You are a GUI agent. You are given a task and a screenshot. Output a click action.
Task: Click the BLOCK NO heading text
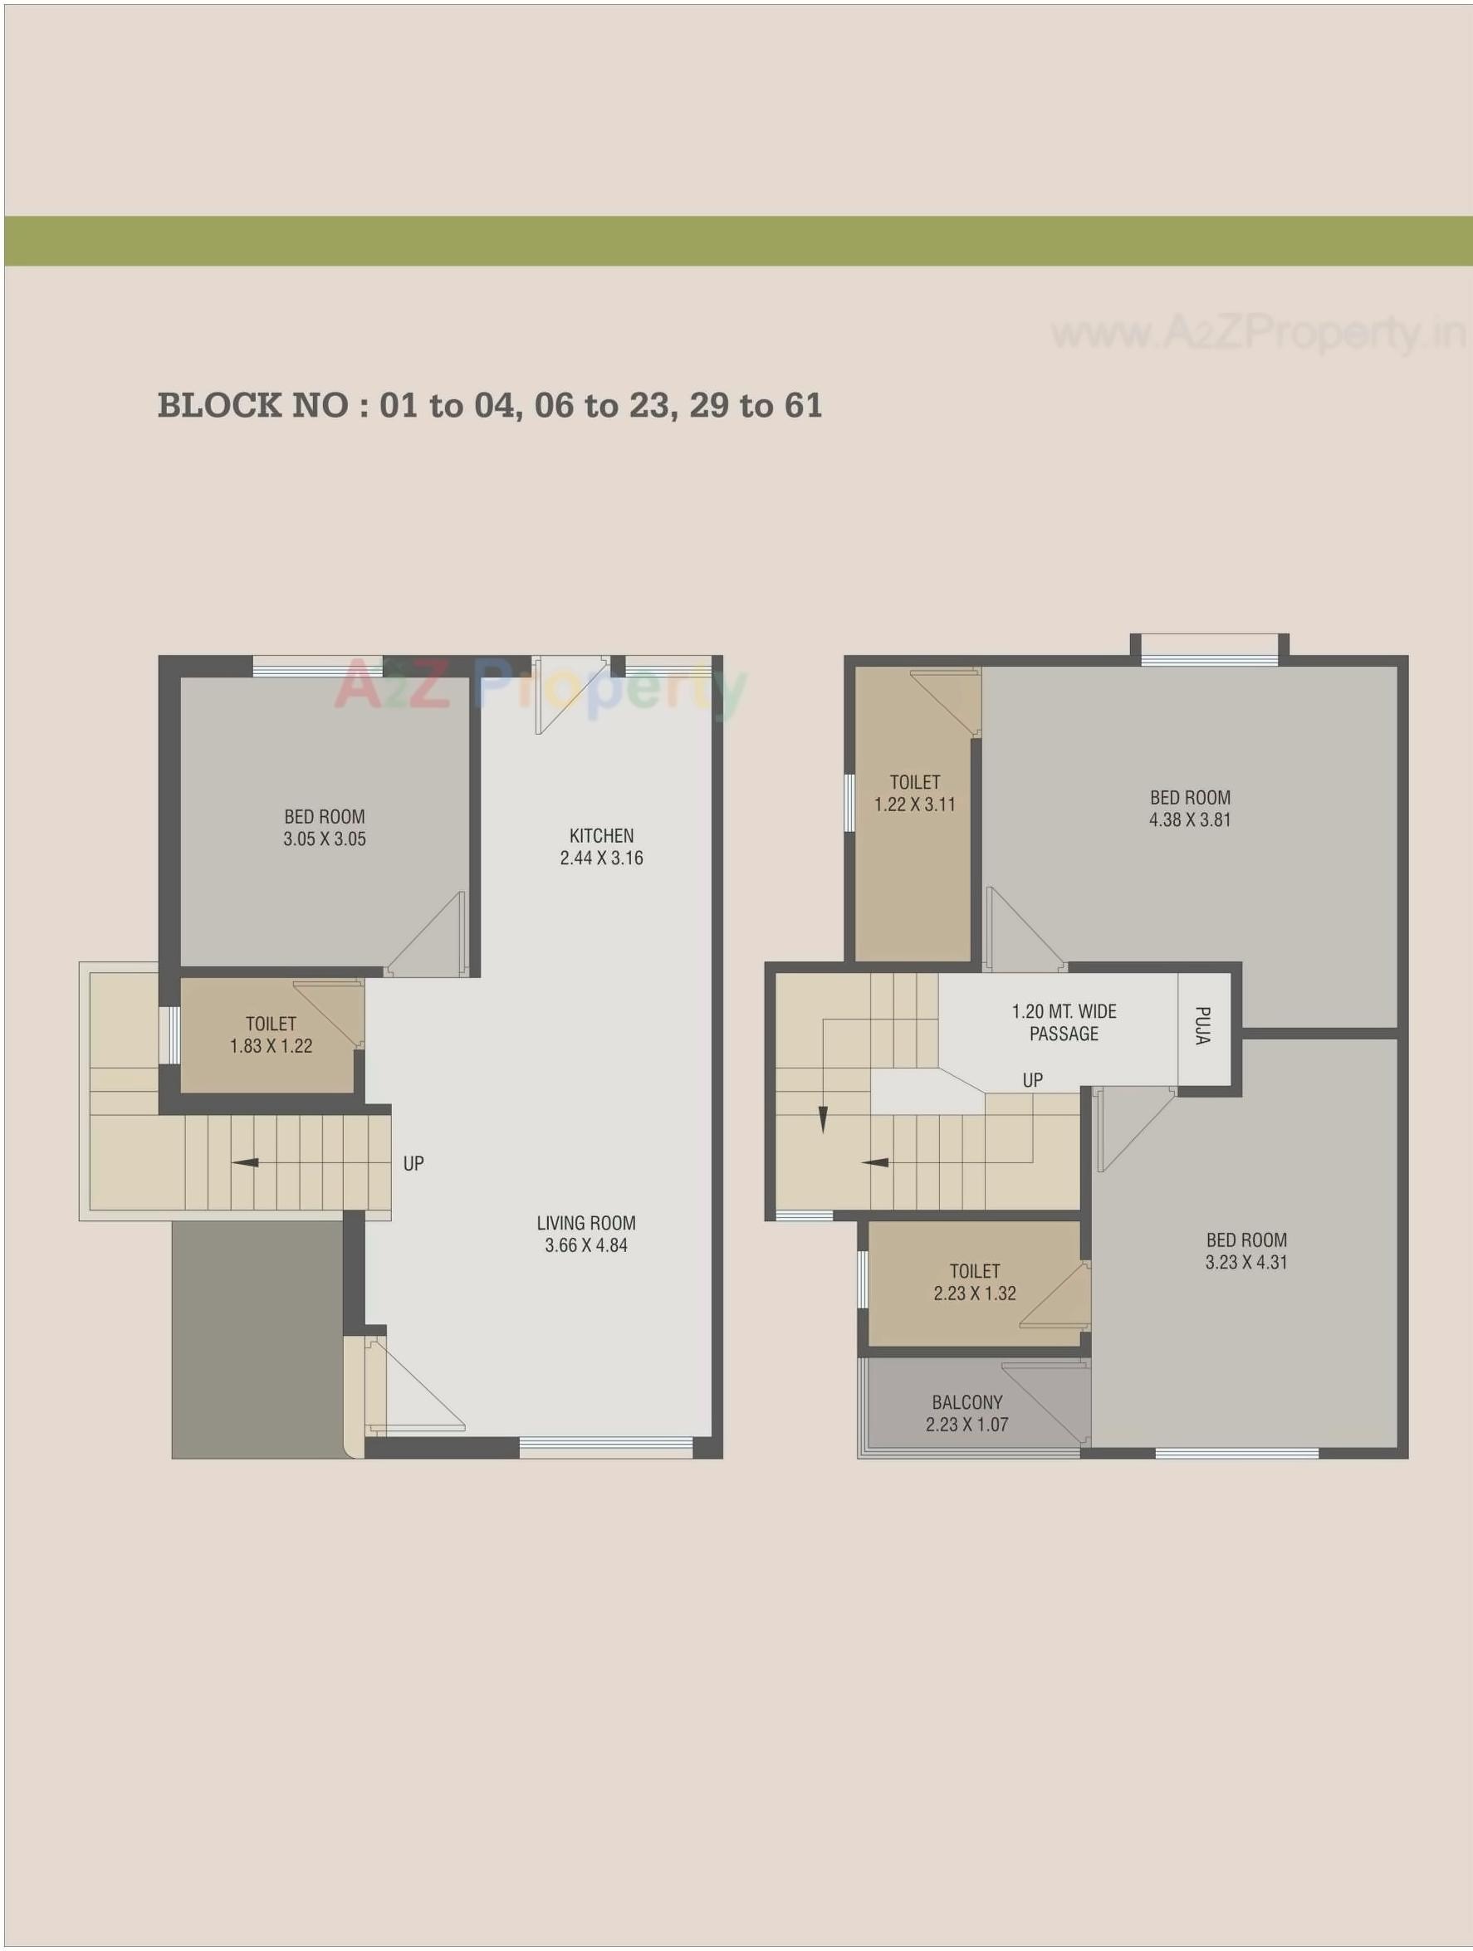(490, 406)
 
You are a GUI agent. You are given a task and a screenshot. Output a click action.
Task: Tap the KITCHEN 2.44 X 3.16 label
(600, 847)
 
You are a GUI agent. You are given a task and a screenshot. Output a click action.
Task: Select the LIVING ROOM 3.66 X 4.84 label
(585, 1234)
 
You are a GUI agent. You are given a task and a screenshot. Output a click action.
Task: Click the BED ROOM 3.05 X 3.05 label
(324, 828)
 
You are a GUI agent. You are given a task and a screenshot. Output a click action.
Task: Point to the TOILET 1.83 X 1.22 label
(271, 1034)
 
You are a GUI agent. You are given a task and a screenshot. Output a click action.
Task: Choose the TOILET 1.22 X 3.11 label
(915, 793)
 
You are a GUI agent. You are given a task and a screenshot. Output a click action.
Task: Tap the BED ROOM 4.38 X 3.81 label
(1189, 808)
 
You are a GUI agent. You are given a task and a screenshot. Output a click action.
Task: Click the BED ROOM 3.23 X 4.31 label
(1245, 1250)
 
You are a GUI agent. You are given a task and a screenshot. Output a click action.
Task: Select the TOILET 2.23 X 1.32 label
(975, 1282)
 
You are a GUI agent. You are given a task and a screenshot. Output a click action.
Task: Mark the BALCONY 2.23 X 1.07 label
(967, 1413)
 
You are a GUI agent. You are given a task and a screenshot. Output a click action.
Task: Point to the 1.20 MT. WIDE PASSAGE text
(1064, 1022)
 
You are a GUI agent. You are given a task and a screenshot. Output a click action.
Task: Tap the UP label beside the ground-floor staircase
(413, 1163)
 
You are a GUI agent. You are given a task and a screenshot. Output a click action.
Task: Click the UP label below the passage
(1032, 1079)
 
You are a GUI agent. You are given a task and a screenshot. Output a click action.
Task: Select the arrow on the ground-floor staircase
(245, 1162)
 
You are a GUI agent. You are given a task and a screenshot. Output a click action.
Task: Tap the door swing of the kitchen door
(569, 696)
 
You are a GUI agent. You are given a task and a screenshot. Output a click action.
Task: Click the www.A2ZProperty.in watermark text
(1258, 333)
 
